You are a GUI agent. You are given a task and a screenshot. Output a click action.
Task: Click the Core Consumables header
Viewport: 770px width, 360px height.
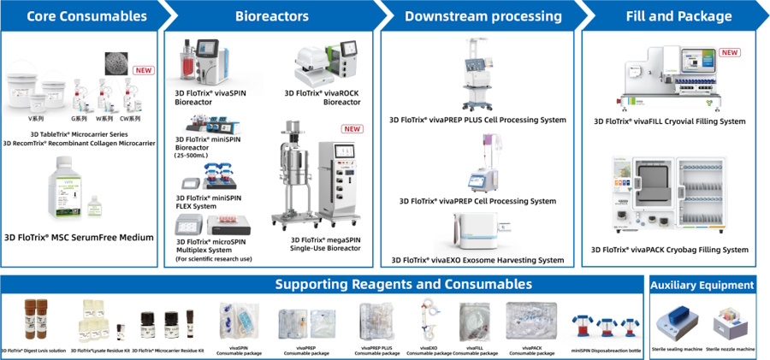pyautogui.click(x=74, y=16)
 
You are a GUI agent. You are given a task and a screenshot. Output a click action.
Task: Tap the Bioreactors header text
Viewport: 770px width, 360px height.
pyautogui.click(x=271, y=16)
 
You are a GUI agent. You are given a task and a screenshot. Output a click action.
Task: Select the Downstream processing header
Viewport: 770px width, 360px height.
pyautogui.click(x=483, y=16)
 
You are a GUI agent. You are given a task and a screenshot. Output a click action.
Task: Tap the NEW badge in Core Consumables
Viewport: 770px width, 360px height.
pyautogui.click(x=142, y=70)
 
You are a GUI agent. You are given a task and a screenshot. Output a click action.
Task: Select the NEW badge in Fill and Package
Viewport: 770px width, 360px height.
pyautogui.click(x=730, y=53)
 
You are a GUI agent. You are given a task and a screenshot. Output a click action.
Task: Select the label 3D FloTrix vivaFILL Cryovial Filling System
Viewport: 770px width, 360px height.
pyautogui.click(x=670, y=121)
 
